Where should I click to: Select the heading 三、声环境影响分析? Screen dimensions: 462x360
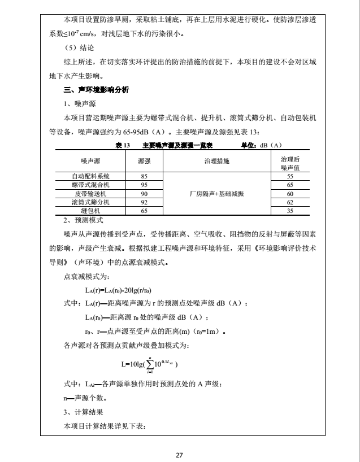tap(97, 90)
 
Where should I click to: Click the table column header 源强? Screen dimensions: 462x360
tap(144, 162)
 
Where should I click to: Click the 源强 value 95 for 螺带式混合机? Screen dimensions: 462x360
tap(144, 185)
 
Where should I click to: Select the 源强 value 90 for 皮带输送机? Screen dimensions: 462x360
tap(144, 193)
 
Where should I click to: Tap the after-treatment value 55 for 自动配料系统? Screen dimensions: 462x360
tap(289, 176)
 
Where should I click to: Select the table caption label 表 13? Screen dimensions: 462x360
tap(123, 145)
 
